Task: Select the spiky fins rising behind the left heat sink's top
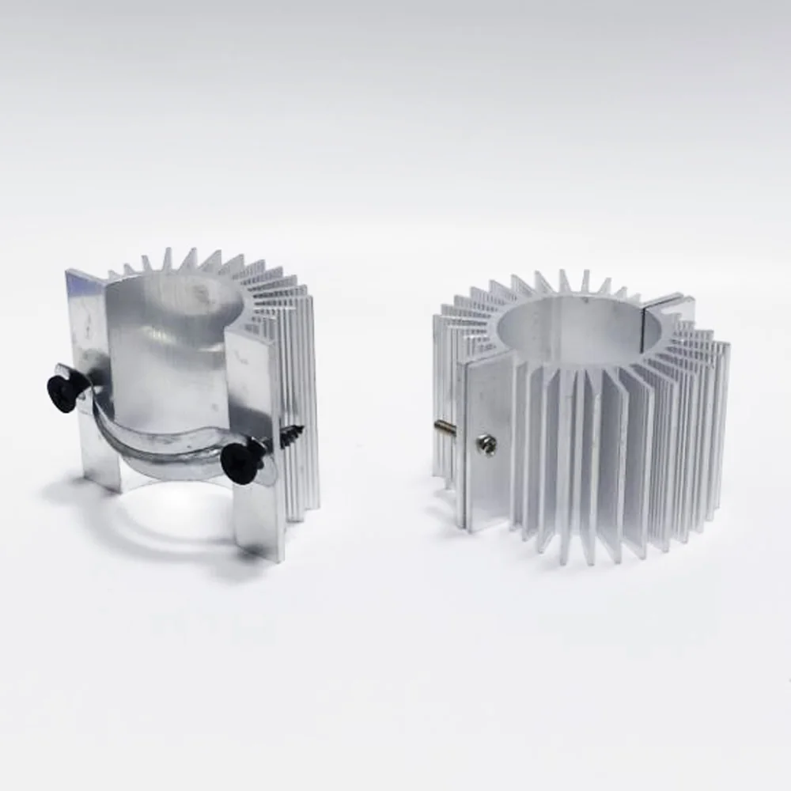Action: pyautogui.click(x=198, y=261)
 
